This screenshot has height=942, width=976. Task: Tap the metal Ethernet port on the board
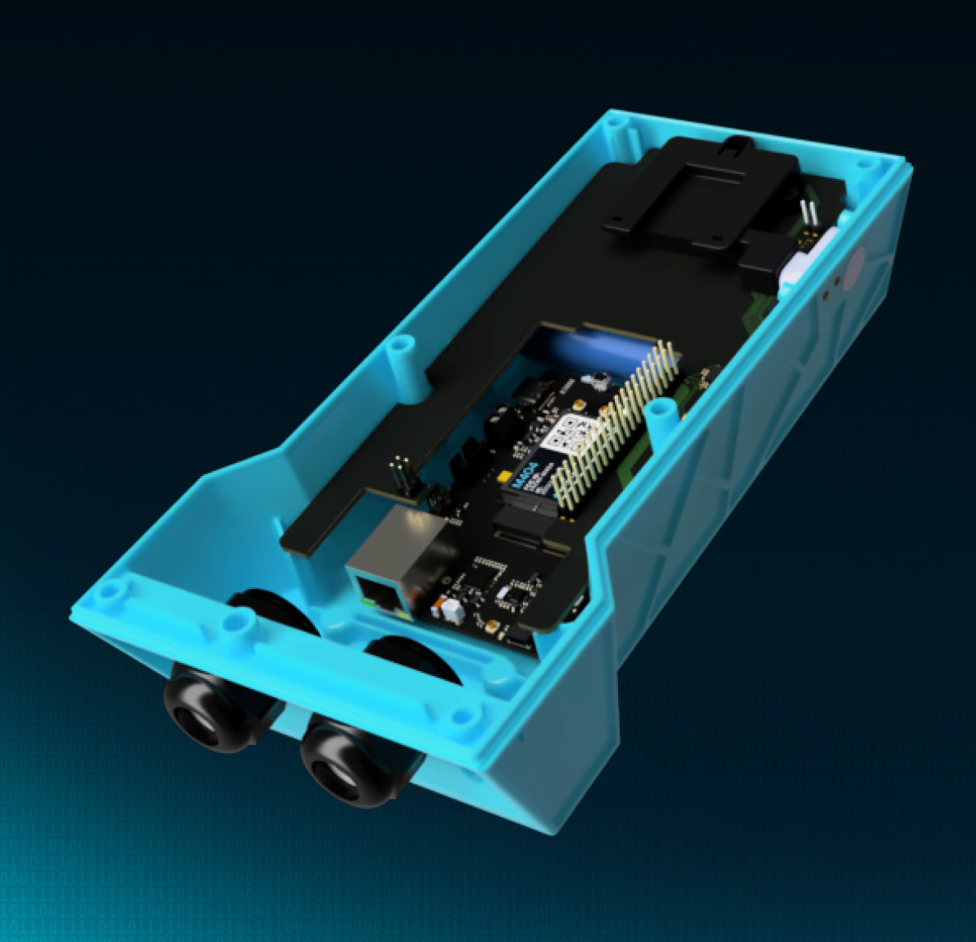[x=399, y=553]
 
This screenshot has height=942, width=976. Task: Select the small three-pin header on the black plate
[x=399, y=473]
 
